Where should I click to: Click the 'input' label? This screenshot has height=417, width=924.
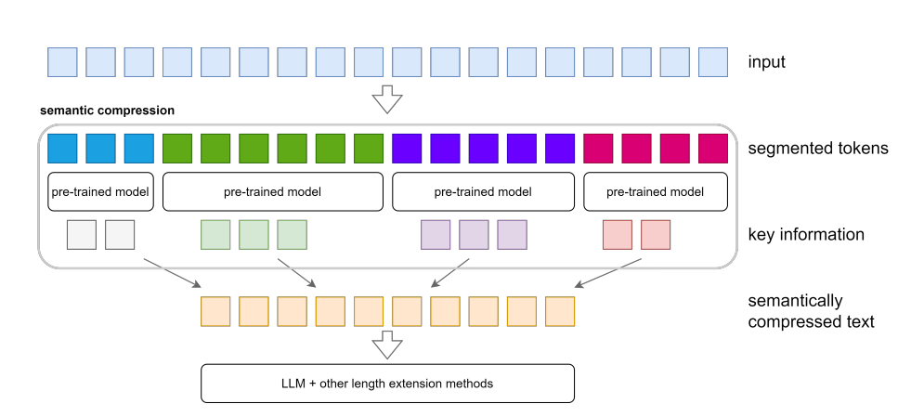(x=767, y=62)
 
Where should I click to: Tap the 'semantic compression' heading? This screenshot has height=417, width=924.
(x=107, y=111)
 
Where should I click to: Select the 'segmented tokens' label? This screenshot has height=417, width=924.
(x=818, y=148)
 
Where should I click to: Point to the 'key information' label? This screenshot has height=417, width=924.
(x=806, y=234)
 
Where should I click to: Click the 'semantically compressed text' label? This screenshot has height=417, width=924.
(x=811, y=311)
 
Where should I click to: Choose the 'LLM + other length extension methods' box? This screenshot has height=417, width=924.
(x=387, y=384)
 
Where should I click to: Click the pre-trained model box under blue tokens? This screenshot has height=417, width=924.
(x=101, y=191)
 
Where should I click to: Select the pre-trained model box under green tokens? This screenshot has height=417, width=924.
(x=273, y=191)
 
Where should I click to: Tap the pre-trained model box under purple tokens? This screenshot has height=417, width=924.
(x=483, y=191)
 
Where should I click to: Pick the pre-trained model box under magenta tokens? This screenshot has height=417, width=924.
(x=656, y=191)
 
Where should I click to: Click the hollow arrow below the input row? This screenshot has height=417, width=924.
(x=387, y=99)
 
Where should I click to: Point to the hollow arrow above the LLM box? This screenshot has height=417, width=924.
(x=387, y=345)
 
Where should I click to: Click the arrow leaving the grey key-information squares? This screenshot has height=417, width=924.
(x=172, y=273)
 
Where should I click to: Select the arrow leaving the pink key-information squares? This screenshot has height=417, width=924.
(x=608, y=273)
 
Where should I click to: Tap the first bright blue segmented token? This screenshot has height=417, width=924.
(x=62, y=149)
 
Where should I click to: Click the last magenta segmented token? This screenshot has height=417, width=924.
(x=713, y=149)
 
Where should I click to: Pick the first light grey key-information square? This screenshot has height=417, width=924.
(x=82, y=234)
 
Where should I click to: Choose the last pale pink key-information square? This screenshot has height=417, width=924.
(x=656, y=234)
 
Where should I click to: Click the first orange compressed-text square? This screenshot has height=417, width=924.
(x=215, y=311)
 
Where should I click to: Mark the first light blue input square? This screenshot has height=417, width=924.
(x=62, y=62)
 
